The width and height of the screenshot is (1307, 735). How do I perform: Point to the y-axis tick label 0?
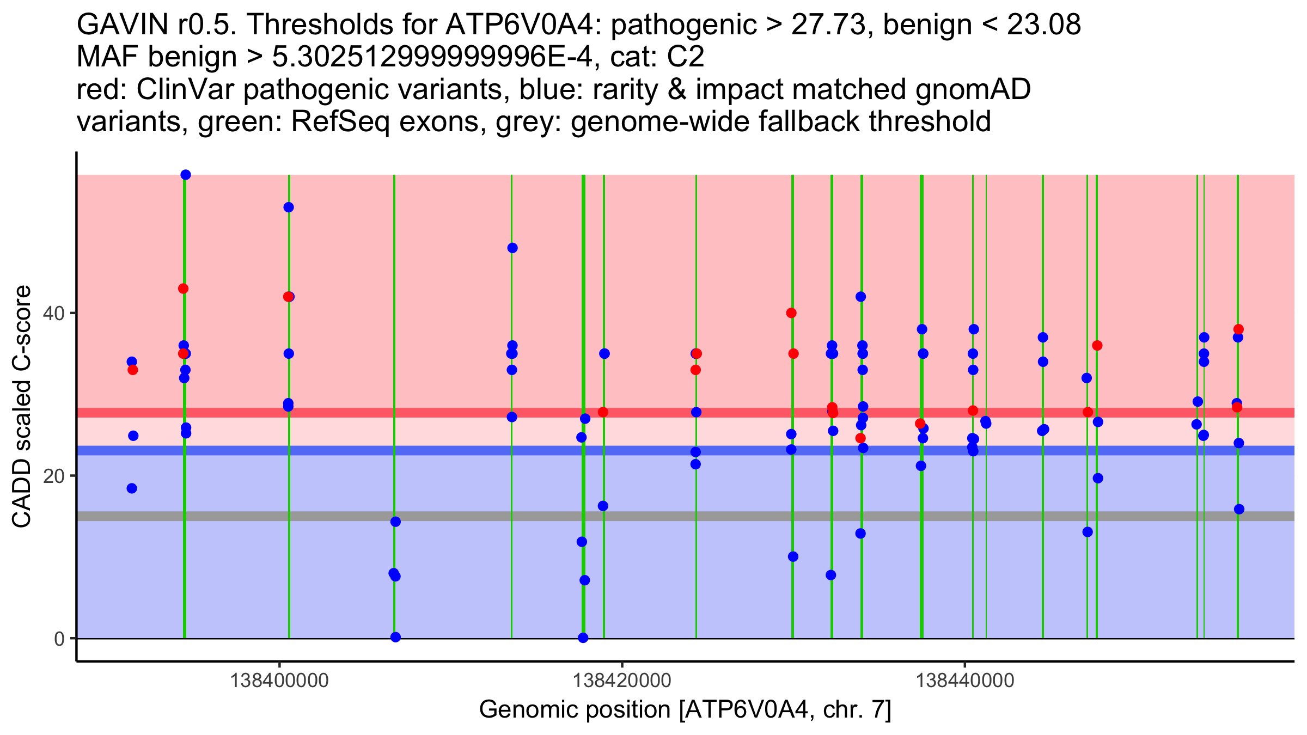(59, 639)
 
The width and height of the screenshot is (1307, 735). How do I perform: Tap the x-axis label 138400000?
(279, 681)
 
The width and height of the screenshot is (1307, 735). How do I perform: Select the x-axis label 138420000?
(622, 681)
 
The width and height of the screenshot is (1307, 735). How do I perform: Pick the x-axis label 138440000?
(965, 681)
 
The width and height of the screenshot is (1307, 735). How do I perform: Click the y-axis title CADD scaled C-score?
(22, 407)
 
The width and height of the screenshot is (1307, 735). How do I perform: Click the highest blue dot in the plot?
(186, 175)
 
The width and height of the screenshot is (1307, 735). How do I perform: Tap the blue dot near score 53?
(289, 207)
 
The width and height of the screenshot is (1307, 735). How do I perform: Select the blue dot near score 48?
(512, 248)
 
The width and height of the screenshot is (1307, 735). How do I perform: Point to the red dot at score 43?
(183, 289)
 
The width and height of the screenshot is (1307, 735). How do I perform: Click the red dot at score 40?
(791, 313)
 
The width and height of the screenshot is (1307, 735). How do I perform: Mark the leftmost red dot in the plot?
(132, 370)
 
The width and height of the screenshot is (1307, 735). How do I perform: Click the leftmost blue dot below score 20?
(132, 488)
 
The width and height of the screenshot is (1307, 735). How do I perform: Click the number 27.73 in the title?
(828, 24)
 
